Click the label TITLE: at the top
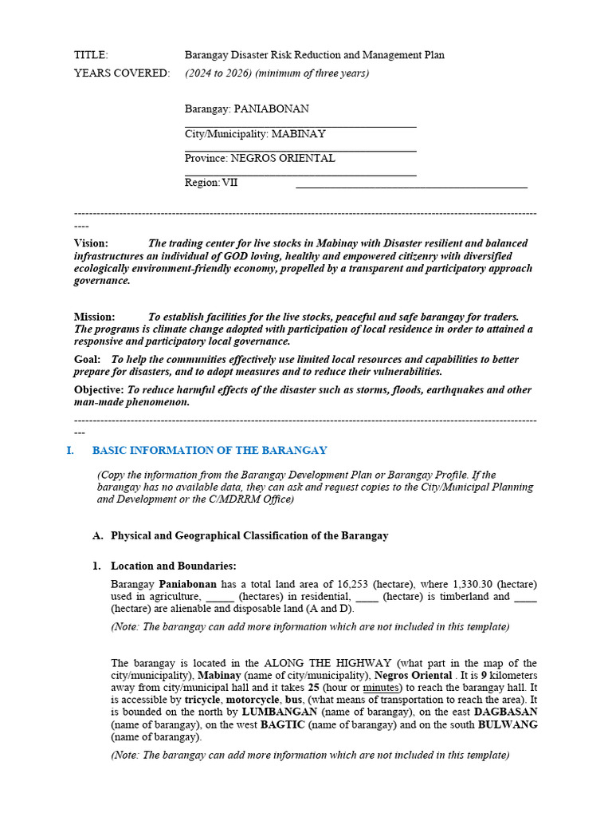coord(91,55)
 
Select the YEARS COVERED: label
coord(122,73)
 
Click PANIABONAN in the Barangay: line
coord(271,109)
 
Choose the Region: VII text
coord(211,183)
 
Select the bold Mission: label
coord(95,317)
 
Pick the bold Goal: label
coord(87,360)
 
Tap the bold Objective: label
coord(99,390)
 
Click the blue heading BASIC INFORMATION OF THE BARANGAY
coord(210,451)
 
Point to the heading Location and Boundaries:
coord(173,566)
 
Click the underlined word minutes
coord(382,688)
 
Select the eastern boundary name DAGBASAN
coord(505,712)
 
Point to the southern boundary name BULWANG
coord(507,725)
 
